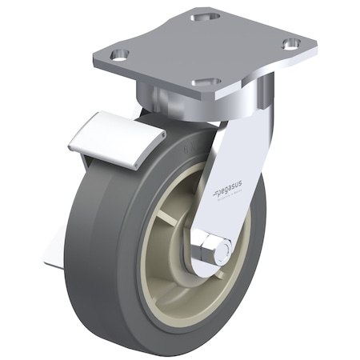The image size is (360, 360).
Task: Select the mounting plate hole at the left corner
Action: click(x=120, y=54)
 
